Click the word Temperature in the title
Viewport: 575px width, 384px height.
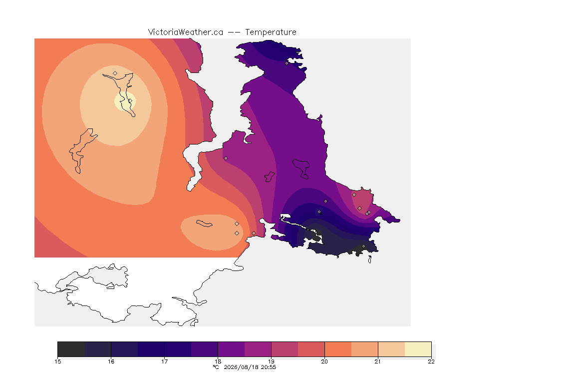pos(271,32)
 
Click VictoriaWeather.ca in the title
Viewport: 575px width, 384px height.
pos(186,32)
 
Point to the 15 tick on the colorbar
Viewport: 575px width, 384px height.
pos(58,361)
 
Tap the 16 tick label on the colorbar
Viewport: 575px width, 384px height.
pos(111,361)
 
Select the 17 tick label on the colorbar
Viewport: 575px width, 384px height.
pos(165,361)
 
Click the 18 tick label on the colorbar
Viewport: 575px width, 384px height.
pos(218,361)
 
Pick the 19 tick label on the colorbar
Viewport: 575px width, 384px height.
pos(272,361)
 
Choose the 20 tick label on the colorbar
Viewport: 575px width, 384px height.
pos(324,361)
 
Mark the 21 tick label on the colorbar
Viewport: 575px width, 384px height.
pos(378,361)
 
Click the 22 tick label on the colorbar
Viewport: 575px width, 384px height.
pos(431,361)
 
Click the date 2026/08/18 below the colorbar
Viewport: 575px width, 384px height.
pos(241,367)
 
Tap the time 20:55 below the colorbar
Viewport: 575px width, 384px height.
pos(269,367)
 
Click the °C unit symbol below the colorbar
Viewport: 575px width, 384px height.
pos(216,367)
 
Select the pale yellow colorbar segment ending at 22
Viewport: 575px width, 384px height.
pos(418,349)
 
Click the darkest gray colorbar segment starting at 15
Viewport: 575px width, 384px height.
pos(71,349)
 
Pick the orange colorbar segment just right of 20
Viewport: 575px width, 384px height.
pos(338,349)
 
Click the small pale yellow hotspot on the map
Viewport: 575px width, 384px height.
pos(125,101)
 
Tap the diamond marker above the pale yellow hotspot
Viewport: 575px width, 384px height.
pos(115,73)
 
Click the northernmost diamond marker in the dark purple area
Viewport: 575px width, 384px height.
pos(287,63)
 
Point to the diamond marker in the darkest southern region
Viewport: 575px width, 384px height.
pos(364,246)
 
